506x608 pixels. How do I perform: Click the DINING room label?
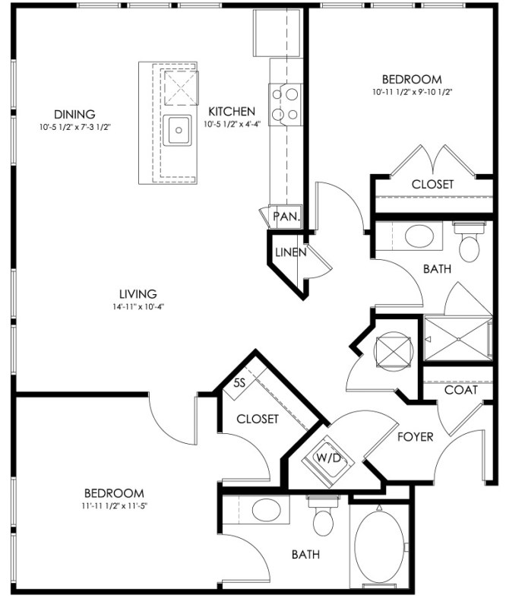point(74,115)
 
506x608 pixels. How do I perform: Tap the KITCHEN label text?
point(232,112)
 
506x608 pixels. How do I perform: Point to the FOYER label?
point(416,437)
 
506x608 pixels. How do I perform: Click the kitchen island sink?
point(177,130)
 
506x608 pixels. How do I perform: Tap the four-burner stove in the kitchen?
point(286,105)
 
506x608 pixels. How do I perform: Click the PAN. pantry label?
point(286,217)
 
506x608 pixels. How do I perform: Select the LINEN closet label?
point(291,252)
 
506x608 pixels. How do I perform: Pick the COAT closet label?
point(461,390)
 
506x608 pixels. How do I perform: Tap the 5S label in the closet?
point(240,383)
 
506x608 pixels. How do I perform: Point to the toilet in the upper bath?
point(470,242)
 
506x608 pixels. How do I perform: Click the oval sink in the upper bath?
point(419,236)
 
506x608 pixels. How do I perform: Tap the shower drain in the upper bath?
point(458,339)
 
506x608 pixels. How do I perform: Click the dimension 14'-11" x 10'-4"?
point(138,307)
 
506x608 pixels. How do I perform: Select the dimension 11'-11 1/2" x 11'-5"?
point(115,505)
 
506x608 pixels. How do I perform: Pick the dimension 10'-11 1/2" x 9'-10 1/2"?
point(413,92)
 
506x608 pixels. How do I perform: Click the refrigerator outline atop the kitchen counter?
point(277,33)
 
